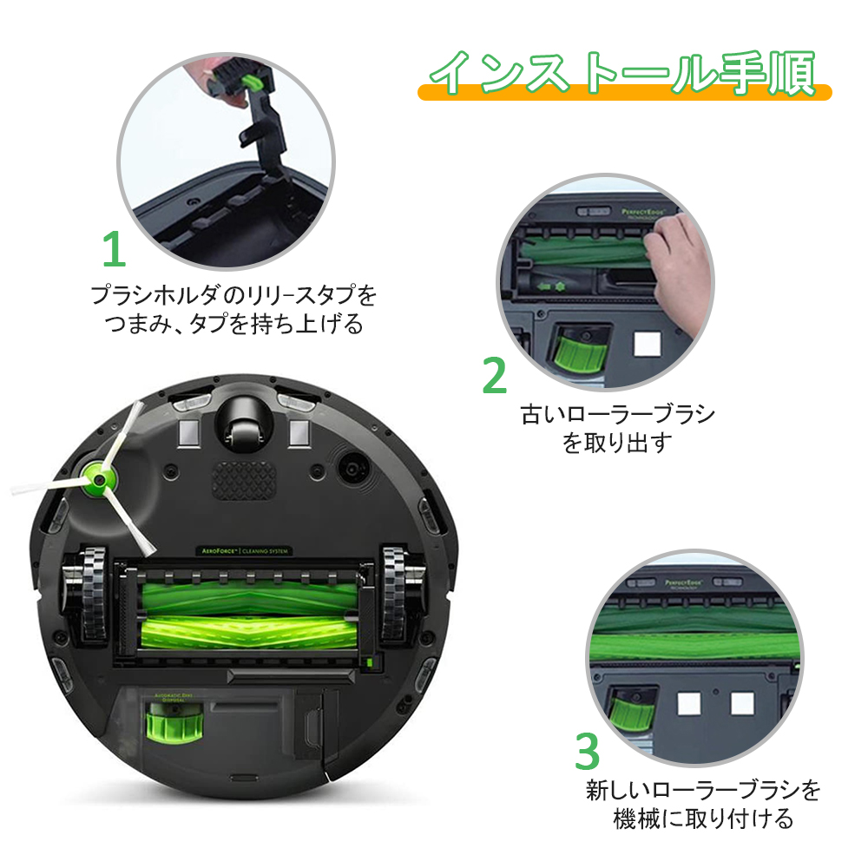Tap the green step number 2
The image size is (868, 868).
[495, 375]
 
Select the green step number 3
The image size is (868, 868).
[588, 752]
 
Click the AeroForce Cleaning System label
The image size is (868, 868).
[240, 551]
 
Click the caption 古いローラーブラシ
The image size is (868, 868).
[617, 414]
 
